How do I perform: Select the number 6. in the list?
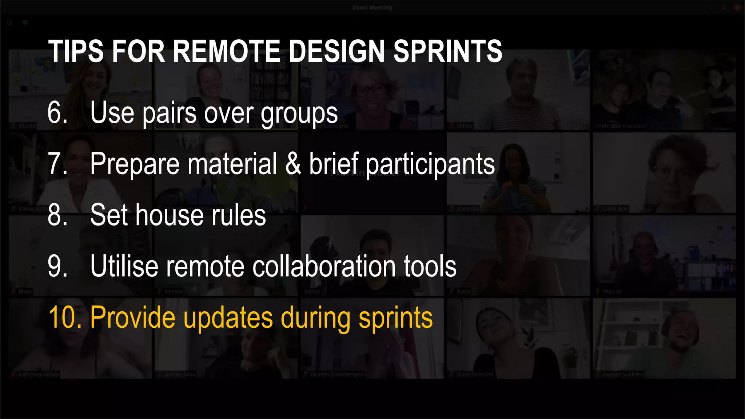(x=57, y=113)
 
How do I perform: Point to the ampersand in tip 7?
(x=293, y=164)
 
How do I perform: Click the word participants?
(x=430, y=165)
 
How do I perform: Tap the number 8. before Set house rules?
(x=57, y=215)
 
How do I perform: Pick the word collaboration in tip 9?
(x=324, y=266)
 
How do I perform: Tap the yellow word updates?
(x=228, y=318)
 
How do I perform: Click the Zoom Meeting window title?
(x=372, y=8)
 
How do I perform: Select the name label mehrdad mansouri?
(x=622, y=126)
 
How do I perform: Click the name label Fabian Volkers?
(x=622, y=374)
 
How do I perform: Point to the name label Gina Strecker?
(x=475, y=374)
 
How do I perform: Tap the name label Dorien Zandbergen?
(x=337, y=374)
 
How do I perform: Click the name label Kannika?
(x=467, y=209)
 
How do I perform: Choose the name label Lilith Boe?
(x=615, y=209)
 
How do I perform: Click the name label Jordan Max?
(x=180, y=374)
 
